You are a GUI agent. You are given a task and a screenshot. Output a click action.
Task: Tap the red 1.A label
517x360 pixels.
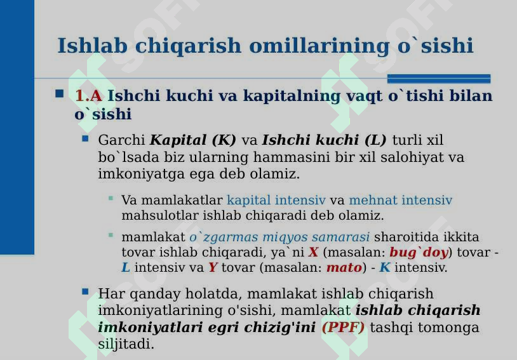(88, 96)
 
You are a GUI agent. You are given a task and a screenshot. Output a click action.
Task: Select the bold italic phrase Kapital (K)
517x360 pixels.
(193, 140)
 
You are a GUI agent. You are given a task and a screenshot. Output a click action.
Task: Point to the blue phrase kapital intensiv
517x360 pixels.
(276, 201)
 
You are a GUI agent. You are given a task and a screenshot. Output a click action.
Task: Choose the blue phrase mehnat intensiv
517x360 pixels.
(401, 201)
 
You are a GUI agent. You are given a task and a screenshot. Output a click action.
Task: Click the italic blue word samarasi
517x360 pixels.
(346, 237)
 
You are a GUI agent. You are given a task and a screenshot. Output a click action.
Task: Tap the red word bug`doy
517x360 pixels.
(419, 253)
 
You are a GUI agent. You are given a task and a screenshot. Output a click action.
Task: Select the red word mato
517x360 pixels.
(344, 268)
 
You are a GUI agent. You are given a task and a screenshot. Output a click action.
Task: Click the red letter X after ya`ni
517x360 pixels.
(313, 253)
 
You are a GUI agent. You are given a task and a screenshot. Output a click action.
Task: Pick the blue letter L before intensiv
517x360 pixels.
(126, 268)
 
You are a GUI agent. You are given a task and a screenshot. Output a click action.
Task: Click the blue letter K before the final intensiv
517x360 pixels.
(385, 268)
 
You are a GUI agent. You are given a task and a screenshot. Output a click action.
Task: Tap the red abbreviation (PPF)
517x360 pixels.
(343, 328)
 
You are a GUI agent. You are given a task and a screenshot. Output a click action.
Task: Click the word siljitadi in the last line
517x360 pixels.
(126, 345)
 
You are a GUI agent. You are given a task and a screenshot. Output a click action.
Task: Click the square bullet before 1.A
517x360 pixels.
(60, 94)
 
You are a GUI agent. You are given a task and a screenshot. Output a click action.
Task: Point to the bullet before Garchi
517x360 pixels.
(86, 138)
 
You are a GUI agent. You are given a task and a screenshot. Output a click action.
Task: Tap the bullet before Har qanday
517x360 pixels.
(86, 291)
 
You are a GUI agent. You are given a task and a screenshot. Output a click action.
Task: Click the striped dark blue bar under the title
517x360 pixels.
(439, 79)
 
